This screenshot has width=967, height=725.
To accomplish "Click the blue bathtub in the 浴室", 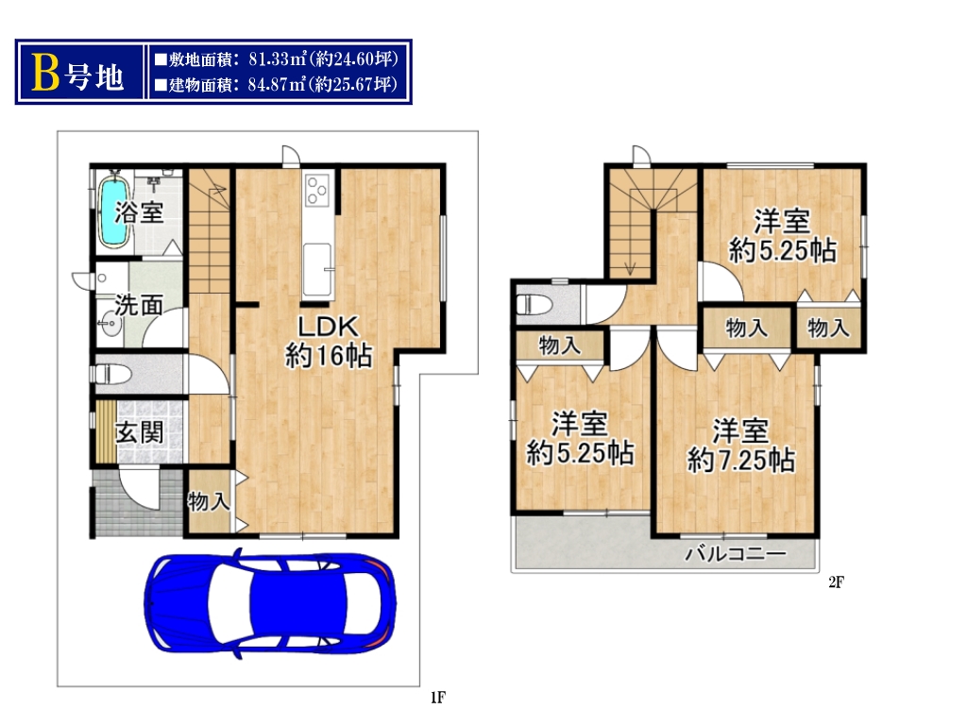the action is coord(114,212).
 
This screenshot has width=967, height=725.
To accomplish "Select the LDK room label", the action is coord(328,326).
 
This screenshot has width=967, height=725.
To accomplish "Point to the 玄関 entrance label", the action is coord(140,432).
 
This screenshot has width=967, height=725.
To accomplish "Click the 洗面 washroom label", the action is coord(140,305).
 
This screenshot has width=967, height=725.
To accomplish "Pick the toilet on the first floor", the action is coord(111,374).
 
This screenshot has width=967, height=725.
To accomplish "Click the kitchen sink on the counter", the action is coord(317,269).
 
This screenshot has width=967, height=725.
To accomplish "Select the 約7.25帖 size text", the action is coord(740,460).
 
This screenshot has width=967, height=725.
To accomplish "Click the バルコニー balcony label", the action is coord(736,553).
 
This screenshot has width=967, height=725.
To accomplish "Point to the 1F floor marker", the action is coord(438,698).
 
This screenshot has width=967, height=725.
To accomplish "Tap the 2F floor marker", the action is coord(837,582).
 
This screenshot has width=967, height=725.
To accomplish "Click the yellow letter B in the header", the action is coord(45,73).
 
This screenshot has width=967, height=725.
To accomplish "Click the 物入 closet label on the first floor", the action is coord(209,501).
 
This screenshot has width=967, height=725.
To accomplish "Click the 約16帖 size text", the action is coord(328,355).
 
